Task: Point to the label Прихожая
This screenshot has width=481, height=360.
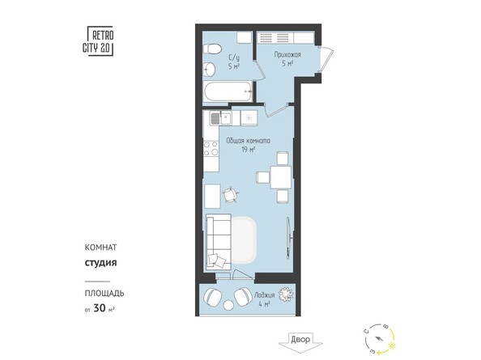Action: point(275,55)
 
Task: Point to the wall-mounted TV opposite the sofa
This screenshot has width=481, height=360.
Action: point(289,235)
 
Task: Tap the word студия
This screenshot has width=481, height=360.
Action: point(101,263)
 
